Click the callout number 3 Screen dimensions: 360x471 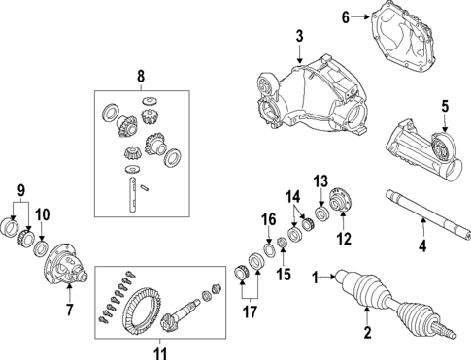click(x=300, y=37)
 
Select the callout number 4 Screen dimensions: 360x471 click(x=422, y=247)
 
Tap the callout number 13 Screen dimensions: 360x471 click(x=320, y=180)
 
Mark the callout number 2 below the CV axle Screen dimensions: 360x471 click(x=367, y=335)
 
